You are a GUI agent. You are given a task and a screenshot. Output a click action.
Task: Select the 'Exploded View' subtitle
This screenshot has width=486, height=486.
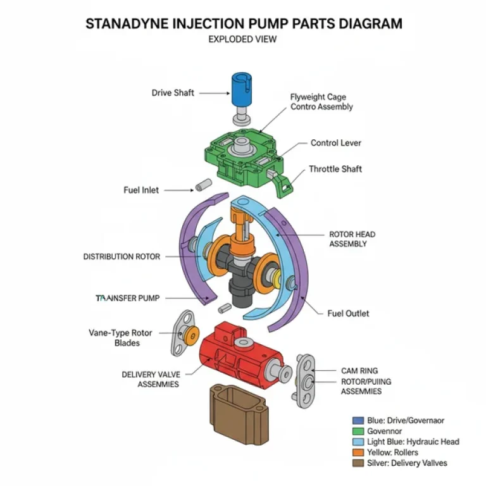(242, 39)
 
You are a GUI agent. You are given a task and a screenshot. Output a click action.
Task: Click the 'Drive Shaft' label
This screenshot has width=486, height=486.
(173, 93)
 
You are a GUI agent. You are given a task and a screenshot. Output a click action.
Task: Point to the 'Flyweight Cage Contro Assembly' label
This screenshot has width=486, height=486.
(321, 102)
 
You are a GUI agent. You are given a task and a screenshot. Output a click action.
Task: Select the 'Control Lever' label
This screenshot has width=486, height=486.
(335, 143)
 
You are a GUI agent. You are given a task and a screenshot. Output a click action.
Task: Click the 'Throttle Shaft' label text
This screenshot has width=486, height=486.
(335, 169)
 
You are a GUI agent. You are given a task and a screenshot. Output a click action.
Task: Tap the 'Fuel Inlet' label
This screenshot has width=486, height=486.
(141, 190)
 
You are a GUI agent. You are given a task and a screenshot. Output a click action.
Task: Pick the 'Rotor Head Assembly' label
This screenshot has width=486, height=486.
(352, 238)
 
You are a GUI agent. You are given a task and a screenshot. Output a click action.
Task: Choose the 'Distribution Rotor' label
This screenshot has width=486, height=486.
(121, 257)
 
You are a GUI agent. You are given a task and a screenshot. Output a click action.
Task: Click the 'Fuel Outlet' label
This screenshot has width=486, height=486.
(348, 313)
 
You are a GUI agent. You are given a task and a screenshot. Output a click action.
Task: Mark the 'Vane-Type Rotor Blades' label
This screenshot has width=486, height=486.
(114, 337)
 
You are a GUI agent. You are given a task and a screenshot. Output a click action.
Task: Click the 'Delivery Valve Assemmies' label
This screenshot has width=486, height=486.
(150, 379)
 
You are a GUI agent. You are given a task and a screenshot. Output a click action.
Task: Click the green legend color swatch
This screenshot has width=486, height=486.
(358, 431)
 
